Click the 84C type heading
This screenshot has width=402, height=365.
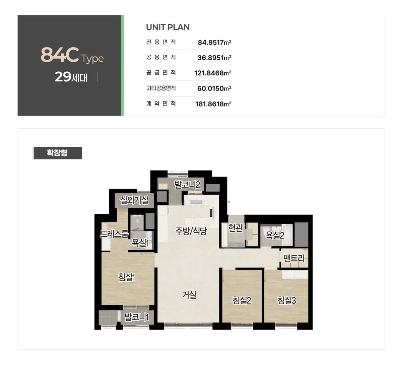pos(72,55)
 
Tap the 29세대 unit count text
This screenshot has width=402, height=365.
pos(71,77)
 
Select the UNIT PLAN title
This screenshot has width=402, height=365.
pos(168,27)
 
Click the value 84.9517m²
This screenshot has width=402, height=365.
pos(214,42)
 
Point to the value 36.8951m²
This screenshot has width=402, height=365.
pos(214,58)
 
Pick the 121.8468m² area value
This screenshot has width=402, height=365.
pos(213,73)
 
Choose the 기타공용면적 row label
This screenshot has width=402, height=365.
pos(161,88)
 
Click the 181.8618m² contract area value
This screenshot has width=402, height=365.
pos(213,104)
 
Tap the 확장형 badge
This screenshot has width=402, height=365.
pos(57,153)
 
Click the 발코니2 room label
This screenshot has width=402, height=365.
pos(187,184)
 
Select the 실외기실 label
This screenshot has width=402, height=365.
pos(134,200)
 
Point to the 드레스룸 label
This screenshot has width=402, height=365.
pos(115,234)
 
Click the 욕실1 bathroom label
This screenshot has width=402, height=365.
pos(140,243)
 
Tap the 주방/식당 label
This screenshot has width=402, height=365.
pos(191,231)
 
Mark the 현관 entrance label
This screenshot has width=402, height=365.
pos(236,228)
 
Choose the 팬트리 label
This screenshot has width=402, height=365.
pos(294,258)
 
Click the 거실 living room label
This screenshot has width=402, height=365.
pos(189,295)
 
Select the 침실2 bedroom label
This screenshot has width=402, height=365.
pos(242,300)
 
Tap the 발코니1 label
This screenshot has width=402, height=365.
pos(136,317)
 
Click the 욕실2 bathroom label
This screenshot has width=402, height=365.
pos(275,235)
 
